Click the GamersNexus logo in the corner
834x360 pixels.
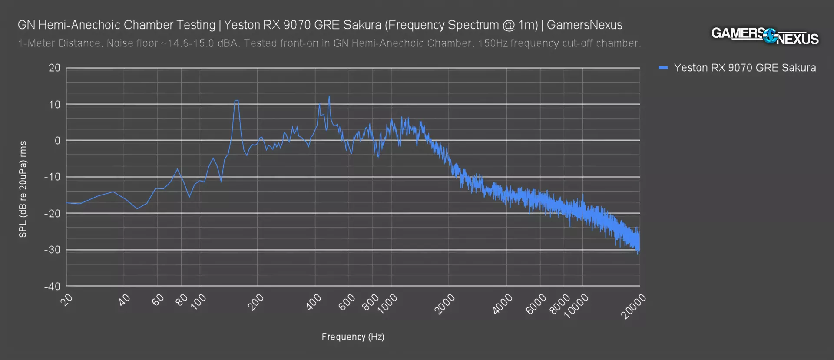pos(764,36)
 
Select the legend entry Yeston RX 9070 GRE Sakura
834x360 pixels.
pos(745,68)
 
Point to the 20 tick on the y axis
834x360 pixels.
pos(55,68)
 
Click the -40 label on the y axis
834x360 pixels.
pos(53,286)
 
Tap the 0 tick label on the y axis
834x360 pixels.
pos(57,141)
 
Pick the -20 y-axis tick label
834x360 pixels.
pos(53,213)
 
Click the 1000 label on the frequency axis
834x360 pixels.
pos(387,303)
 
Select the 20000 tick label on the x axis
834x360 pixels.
pos(634,306)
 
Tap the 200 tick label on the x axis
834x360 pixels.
pos(256,302)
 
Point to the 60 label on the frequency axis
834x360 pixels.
pos(158,299)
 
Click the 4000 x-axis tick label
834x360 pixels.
pos(502,304)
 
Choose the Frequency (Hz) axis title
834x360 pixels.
pos(353,337)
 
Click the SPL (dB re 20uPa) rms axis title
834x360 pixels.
pos(23,189)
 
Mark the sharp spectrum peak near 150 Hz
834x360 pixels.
pos(236,101)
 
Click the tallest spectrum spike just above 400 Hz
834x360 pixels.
pos(329,96)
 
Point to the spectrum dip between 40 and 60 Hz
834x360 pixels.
pos(137,208)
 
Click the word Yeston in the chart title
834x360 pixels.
pos(242,25)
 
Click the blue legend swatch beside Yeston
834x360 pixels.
pos(663,68)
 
